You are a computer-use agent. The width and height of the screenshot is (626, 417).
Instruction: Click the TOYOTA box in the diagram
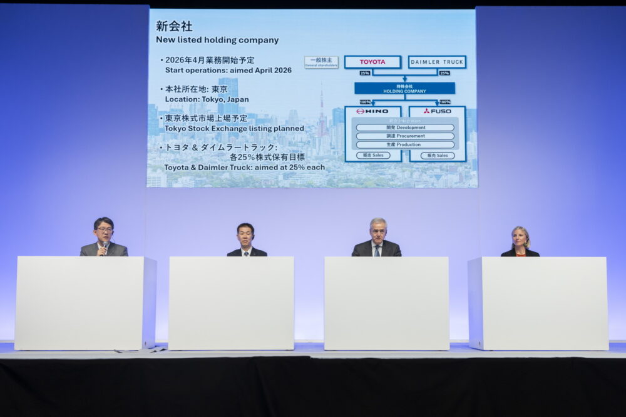coord(372,62)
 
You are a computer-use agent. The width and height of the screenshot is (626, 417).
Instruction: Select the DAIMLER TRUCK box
coord(437,62)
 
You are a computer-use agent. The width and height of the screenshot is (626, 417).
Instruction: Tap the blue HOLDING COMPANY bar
coord(404,88)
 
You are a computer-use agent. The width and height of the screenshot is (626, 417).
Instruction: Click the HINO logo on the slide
coord(373,111)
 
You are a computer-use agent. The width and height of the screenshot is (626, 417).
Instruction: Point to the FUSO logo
coord(437,111)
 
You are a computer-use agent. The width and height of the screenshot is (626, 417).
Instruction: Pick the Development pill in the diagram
coord(405,128)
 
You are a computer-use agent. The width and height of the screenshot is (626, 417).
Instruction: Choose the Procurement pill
coord(405,136)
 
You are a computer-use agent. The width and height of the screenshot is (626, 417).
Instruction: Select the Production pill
coord(405,144)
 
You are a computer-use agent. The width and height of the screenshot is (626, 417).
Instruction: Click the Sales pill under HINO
coord(373,156)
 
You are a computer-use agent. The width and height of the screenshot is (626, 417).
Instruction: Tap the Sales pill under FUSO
coord(438,156)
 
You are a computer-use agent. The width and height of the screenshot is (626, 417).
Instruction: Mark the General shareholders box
coord(321,62)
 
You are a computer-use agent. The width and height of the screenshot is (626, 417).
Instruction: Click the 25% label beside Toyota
coord(365,73)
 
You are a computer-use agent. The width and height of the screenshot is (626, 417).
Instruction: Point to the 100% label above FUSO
coord(444,102)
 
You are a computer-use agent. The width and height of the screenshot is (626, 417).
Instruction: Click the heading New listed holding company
coord(217,40)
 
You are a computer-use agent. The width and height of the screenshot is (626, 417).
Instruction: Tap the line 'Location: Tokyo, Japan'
coord(207,99)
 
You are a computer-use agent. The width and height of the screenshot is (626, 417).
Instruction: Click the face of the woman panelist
coord(520,238)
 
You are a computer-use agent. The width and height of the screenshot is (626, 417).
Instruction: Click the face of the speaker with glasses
coord(103,229)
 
